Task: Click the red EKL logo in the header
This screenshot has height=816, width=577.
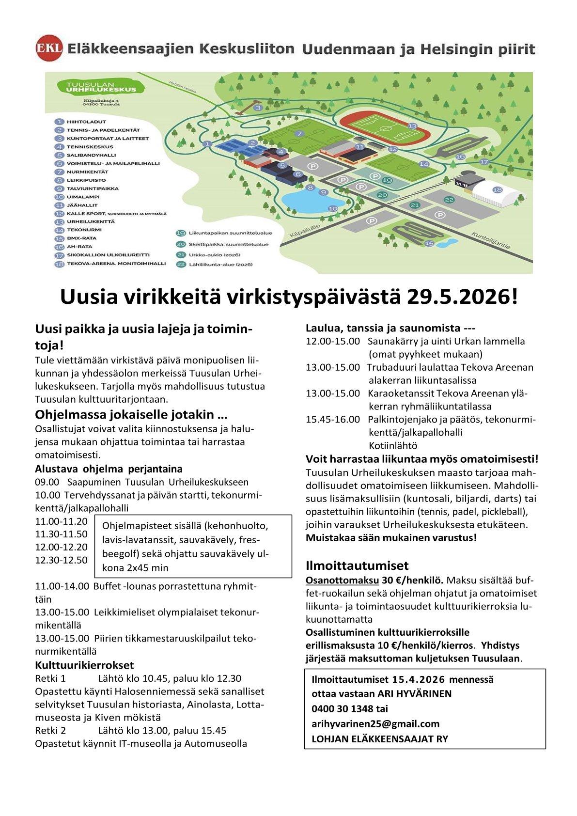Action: [49, 48]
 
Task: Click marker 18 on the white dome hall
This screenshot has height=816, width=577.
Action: [497, 190]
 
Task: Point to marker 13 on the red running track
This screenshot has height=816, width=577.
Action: [412, 126]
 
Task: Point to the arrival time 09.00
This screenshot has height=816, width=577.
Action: [47, 482]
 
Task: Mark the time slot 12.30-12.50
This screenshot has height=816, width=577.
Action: [61, 560]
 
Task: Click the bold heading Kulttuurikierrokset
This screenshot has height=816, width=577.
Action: [84, 665]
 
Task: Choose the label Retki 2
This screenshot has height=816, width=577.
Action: [50, 730]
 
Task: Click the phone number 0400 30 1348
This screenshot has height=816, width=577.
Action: [343, 708]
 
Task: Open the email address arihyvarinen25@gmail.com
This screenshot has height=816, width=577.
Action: [375, 723]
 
